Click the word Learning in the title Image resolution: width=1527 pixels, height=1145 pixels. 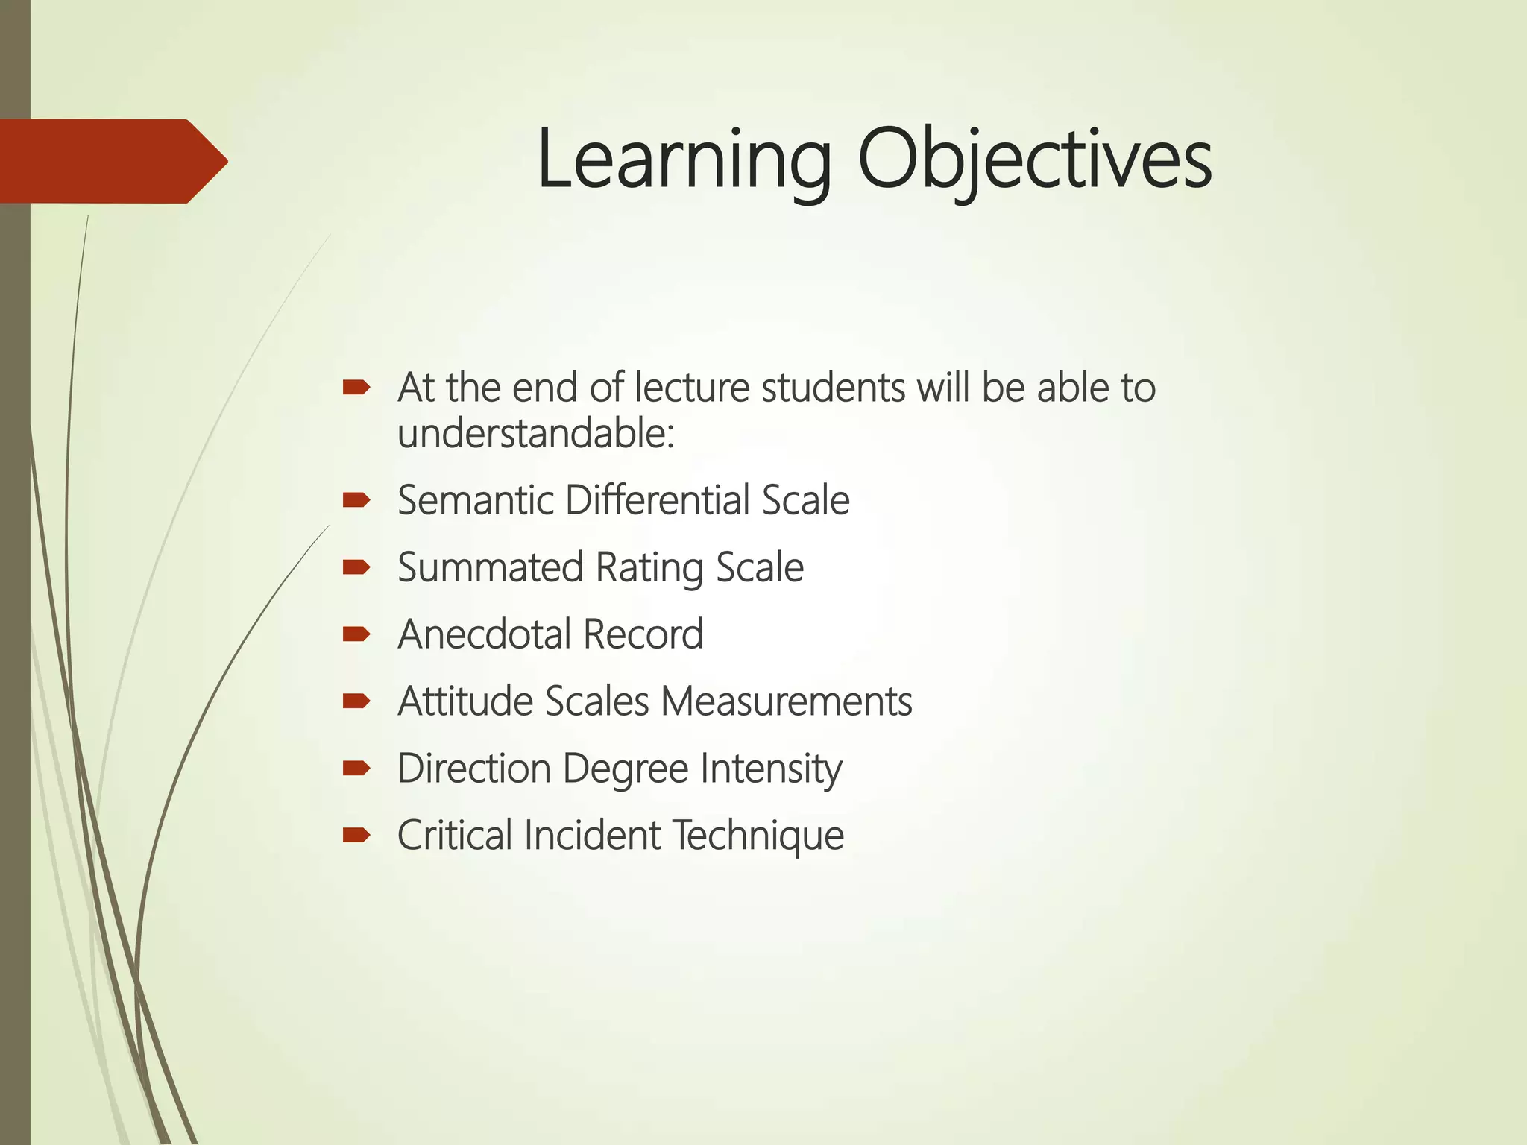pos(683,160)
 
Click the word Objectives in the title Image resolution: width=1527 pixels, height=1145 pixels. pos(1034,160)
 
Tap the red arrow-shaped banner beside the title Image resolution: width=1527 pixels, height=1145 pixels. pos(112,161)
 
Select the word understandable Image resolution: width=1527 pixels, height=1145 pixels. pos(535,434)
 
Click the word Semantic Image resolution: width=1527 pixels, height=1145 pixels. pos(476,499)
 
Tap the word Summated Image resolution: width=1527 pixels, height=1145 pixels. pos(490,567)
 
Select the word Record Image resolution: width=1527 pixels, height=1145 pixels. pos(643,634)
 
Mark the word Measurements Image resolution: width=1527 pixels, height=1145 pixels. pos(786,701)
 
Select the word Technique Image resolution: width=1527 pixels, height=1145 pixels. pos(758,836)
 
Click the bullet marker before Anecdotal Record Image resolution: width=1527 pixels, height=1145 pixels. pos(356,634)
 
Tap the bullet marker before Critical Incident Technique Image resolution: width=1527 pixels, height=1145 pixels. pos(356,836)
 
